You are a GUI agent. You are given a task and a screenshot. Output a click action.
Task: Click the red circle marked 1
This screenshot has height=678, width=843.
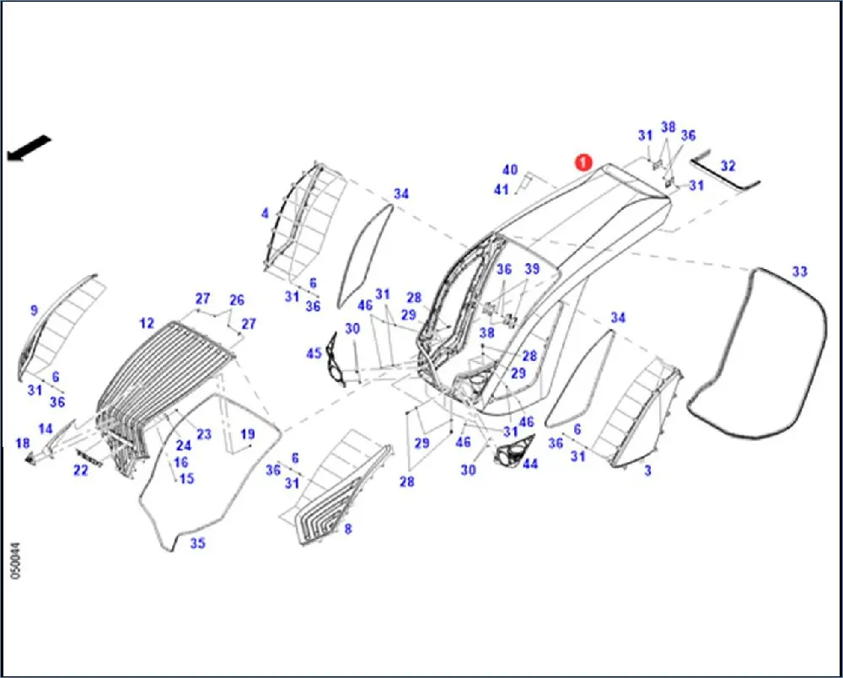pos(582,162)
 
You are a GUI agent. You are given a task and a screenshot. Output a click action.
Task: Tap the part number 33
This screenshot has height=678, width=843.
pos(799,272)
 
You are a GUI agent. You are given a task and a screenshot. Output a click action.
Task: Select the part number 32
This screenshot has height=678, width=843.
pos(728,167)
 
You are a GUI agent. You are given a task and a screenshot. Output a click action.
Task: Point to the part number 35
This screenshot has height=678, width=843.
pos(197,543)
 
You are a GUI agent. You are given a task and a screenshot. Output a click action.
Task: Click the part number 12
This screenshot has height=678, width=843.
pos(148,323)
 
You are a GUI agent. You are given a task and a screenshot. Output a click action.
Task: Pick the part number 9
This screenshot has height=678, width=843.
pos(34,310)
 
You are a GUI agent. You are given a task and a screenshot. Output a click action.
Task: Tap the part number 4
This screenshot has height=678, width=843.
pos(265,213)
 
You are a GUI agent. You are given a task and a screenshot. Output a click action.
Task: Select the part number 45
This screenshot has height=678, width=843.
pos(314,353)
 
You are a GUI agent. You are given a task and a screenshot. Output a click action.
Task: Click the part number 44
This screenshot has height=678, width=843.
pos(530,465)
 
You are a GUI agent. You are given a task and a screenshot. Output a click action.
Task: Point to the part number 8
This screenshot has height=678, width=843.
pos(347,529)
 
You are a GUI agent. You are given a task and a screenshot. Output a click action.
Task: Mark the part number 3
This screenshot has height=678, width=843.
pos(647,471)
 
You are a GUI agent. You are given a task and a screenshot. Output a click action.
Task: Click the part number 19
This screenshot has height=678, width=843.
pos(247,434)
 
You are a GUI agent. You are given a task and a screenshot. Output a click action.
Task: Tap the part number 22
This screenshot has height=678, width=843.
pos(80,471)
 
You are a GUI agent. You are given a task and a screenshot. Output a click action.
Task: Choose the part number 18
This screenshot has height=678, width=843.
pos(23,444)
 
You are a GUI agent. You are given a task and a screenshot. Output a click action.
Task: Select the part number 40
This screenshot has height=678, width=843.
pos(510,170)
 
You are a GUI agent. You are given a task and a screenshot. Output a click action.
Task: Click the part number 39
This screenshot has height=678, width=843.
pos(531,269)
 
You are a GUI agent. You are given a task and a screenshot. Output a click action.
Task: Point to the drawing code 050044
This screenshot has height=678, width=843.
pos(15,560)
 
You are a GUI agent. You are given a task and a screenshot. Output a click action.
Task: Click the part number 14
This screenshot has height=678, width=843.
pos(46,428)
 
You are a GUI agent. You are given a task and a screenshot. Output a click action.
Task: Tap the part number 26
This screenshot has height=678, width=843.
pos(236,300)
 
